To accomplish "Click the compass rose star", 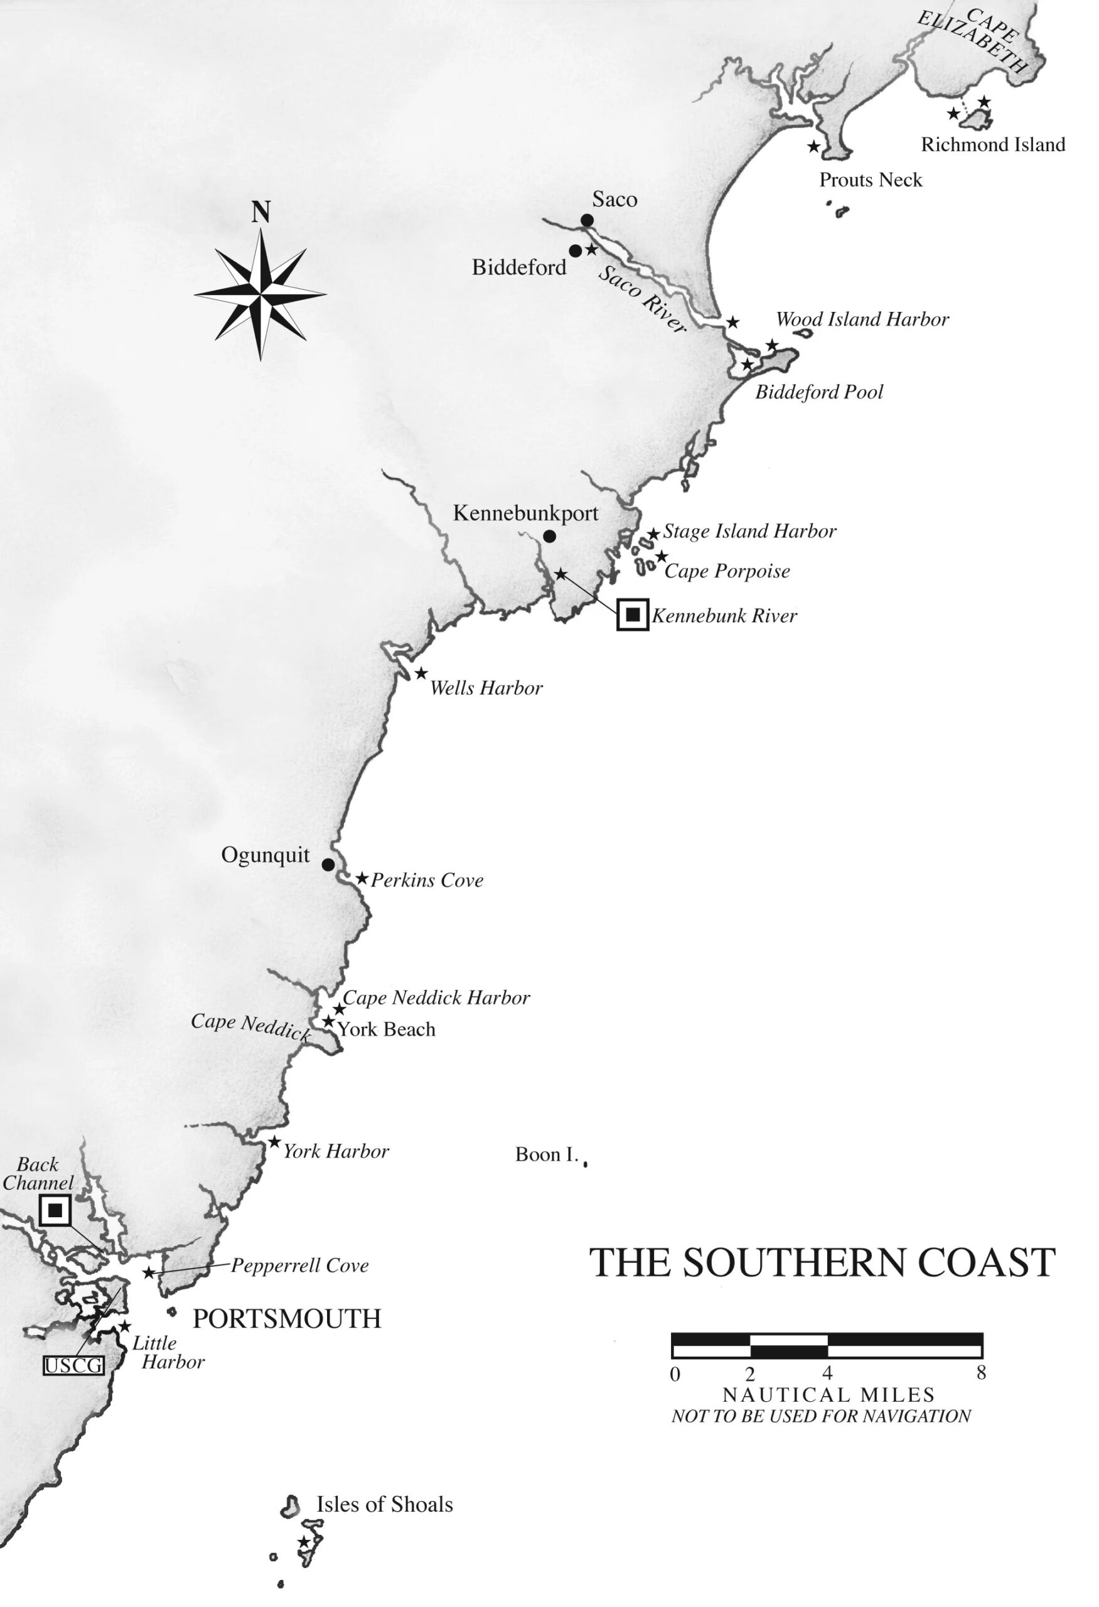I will (x=260, y=294).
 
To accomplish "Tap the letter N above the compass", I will (x=260, y=212).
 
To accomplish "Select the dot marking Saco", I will (x=587, y=220).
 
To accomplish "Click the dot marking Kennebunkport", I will (x=550, y=536).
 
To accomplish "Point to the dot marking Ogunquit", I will (x=328, y=864).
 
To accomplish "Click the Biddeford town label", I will (x=518, y=267).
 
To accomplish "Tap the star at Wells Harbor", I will (x=421, y=674).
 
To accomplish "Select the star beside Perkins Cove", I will (x=362, y=878).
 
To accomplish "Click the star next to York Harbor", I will (x=274, y=1142).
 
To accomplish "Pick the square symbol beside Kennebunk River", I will (x=633, y=614).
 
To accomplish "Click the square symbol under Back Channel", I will (x=55, y=1210).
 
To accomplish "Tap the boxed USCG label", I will (x=73, y=1366).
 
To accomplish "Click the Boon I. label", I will (x=546, y=1155).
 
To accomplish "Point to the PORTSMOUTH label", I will (x=287, y=1319).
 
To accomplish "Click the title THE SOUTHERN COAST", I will (x=822, y=1262).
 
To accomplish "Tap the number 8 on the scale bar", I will (x=981, y=1373).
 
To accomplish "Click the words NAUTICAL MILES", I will (x=828, y=1395).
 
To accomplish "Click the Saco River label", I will (x=641, y=299).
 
